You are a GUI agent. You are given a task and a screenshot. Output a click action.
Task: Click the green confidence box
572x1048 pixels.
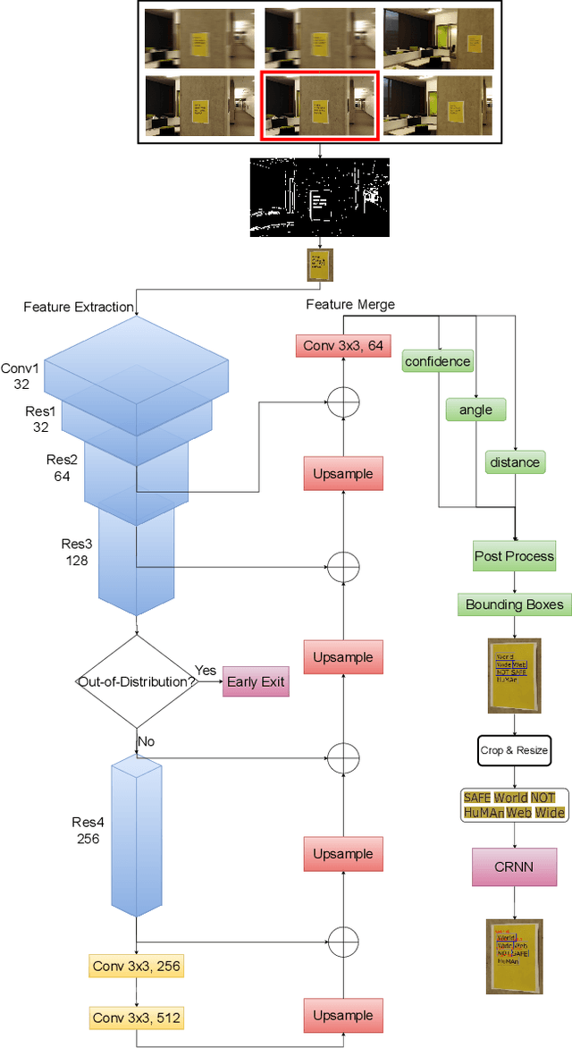click(x=437, y=361)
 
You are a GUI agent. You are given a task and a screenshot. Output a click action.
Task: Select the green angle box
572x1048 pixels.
click(x=475, y=410)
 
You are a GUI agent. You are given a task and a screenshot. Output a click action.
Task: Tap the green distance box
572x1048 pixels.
click(x=515, y=462)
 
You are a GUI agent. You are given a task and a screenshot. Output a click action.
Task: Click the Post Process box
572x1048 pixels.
click(x=514, y=556)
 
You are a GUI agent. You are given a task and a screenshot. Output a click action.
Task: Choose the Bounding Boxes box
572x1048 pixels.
click(x=514, y=604)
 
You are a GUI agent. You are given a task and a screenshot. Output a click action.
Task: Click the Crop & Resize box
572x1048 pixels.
click(x=514, y=750)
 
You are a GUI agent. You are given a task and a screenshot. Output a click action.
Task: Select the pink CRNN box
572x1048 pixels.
click(x=514, y=866)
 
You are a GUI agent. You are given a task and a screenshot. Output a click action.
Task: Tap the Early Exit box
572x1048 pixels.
click(x=256, y=682)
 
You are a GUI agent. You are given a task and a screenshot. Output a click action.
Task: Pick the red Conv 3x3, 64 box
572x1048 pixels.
click(x=343, y=346)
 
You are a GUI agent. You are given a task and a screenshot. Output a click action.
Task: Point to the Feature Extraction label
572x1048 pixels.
click(x=79, y=307)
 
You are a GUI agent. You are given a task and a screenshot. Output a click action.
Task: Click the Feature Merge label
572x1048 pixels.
click(x=350, y=305)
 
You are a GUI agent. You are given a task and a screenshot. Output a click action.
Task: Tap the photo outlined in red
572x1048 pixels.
click(x=319, y=106)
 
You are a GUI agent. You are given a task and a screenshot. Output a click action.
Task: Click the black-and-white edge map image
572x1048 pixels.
click(x=319, y=197)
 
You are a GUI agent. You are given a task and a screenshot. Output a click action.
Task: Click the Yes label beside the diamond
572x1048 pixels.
click(x=206, y=671)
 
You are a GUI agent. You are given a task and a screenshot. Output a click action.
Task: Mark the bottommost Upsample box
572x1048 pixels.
click(x=343, y=1017)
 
